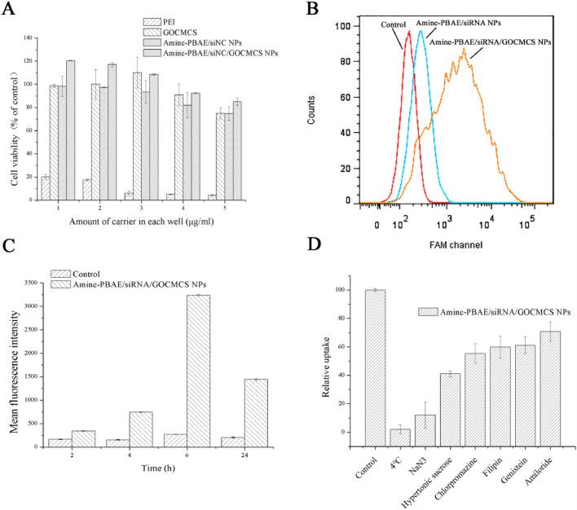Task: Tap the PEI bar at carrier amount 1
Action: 46,188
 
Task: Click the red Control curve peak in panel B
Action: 407,33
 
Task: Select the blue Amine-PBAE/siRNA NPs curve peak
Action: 421,33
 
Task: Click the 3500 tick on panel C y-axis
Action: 34,282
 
